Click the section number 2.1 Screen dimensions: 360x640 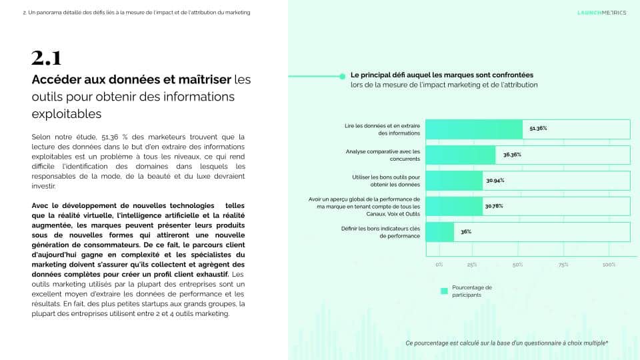point(47,58)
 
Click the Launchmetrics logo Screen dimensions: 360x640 point(601,12)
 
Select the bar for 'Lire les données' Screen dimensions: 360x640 point(473,129)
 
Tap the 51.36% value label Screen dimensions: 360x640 point(538,128)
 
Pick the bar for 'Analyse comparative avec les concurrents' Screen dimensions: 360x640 point(460,155)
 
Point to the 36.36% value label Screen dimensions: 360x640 point(512,155)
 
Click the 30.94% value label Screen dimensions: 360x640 point(495,181)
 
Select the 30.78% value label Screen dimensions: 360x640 point(494,206)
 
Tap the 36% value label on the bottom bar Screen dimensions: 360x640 point(466,232)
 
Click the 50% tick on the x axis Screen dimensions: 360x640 point(517,265)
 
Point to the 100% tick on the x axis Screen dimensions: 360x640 point(609,265)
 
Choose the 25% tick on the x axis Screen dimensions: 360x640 point(471,265)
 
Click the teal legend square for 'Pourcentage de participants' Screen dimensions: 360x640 point(443,291)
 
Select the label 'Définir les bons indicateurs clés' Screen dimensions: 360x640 point(380,232)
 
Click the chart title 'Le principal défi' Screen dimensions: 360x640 point(441,75)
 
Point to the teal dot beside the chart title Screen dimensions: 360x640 point(343,76)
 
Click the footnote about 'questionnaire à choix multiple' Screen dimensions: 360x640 point(507,343)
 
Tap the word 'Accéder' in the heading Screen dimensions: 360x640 point(57,79)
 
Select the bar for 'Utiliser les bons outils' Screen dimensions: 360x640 point(453,181)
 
